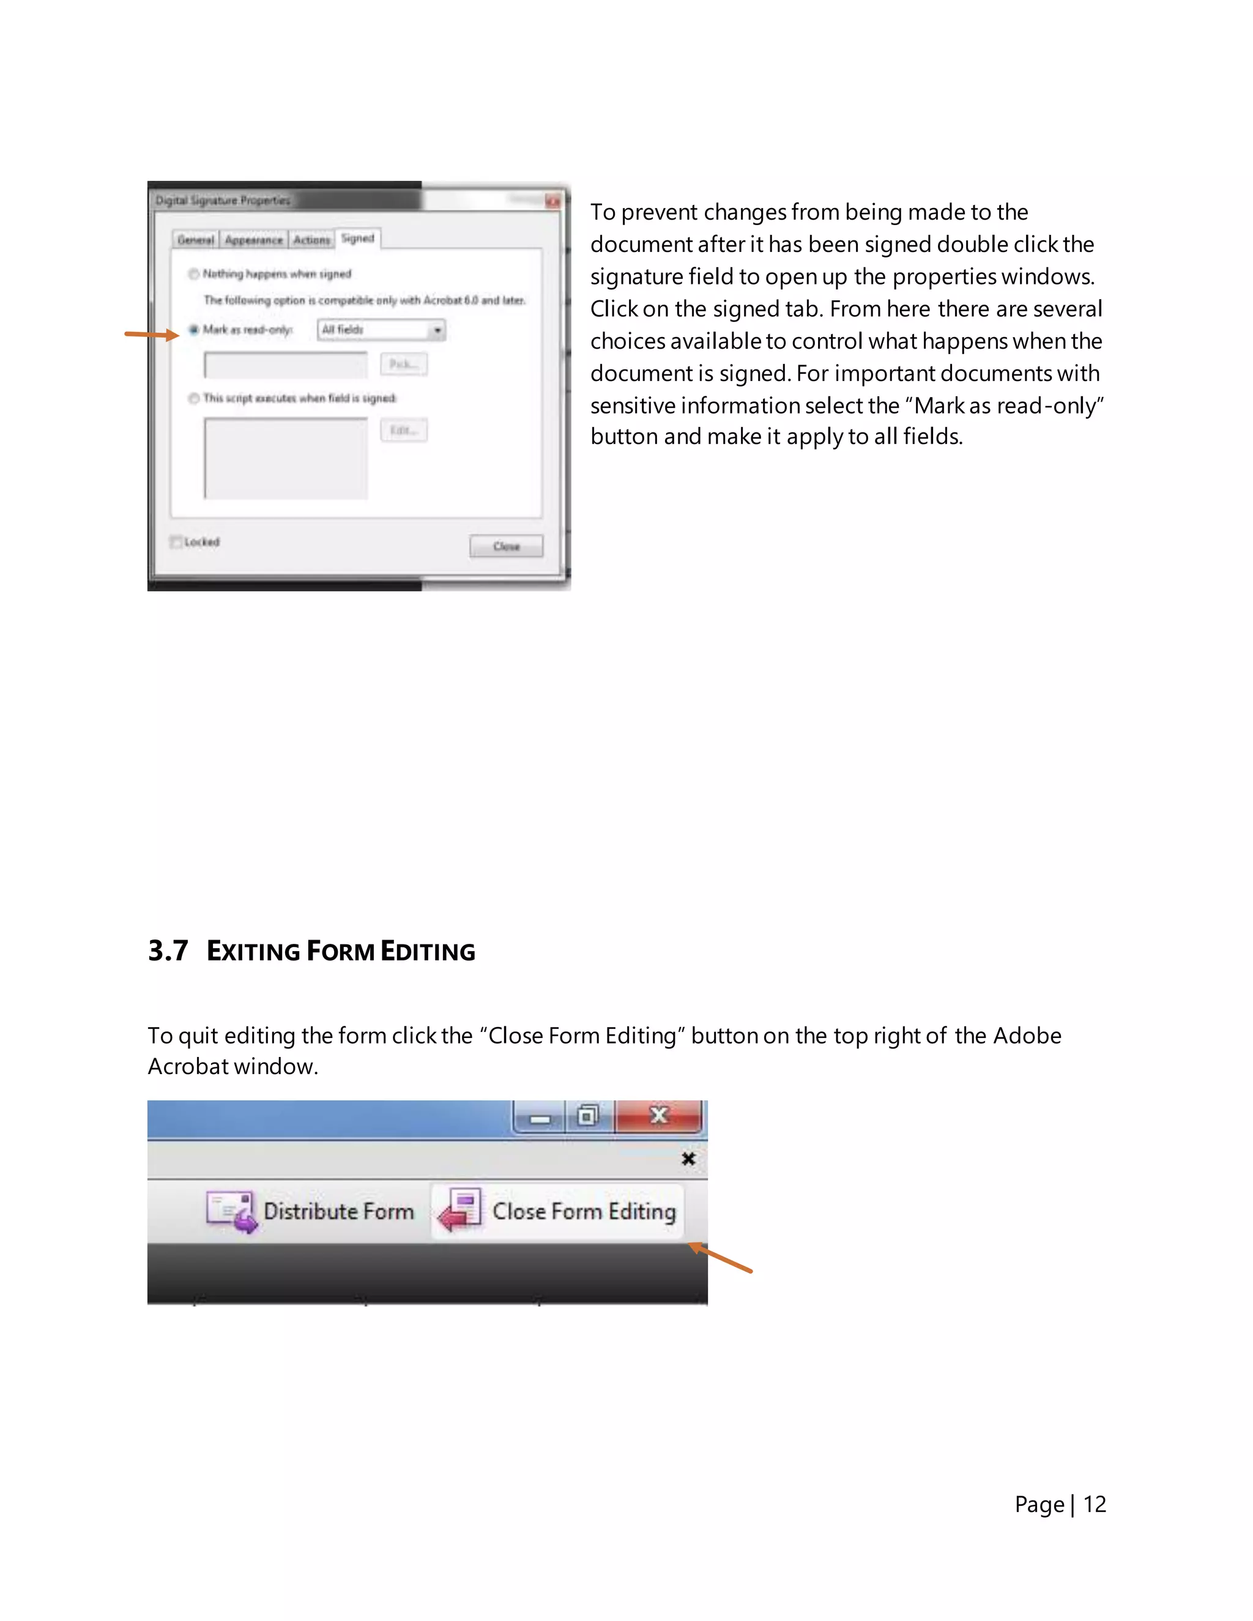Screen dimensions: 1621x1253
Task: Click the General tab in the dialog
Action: coord(195,240)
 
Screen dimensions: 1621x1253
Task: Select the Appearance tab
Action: coord(254,240)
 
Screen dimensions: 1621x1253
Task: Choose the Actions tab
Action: coord(311,240)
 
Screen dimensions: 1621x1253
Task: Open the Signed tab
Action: coord(358,238)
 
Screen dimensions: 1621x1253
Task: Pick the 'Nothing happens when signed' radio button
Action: coord(194,274)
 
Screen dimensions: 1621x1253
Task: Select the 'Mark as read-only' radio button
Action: coord(194,330)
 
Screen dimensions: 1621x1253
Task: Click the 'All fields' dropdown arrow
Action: coord(437,330)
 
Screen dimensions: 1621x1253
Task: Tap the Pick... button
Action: coord(404,364)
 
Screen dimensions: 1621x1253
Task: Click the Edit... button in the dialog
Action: coord(404,431)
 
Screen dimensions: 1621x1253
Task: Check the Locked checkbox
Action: coord(176,542)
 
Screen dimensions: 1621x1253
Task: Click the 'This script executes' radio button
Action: coord(194,399)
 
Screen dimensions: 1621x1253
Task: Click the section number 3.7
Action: coord(168,951)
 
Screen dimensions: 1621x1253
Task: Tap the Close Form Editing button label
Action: coord(584,1211)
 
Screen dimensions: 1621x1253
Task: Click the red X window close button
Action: coord(658,1116)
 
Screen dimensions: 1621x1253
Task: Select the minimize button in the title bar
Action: coord(540,1117)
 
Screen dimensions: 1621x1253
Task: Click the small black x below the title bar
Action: coord(688,1159)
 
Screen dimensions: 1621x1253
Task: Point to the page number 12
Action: coord(1094,1504)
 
